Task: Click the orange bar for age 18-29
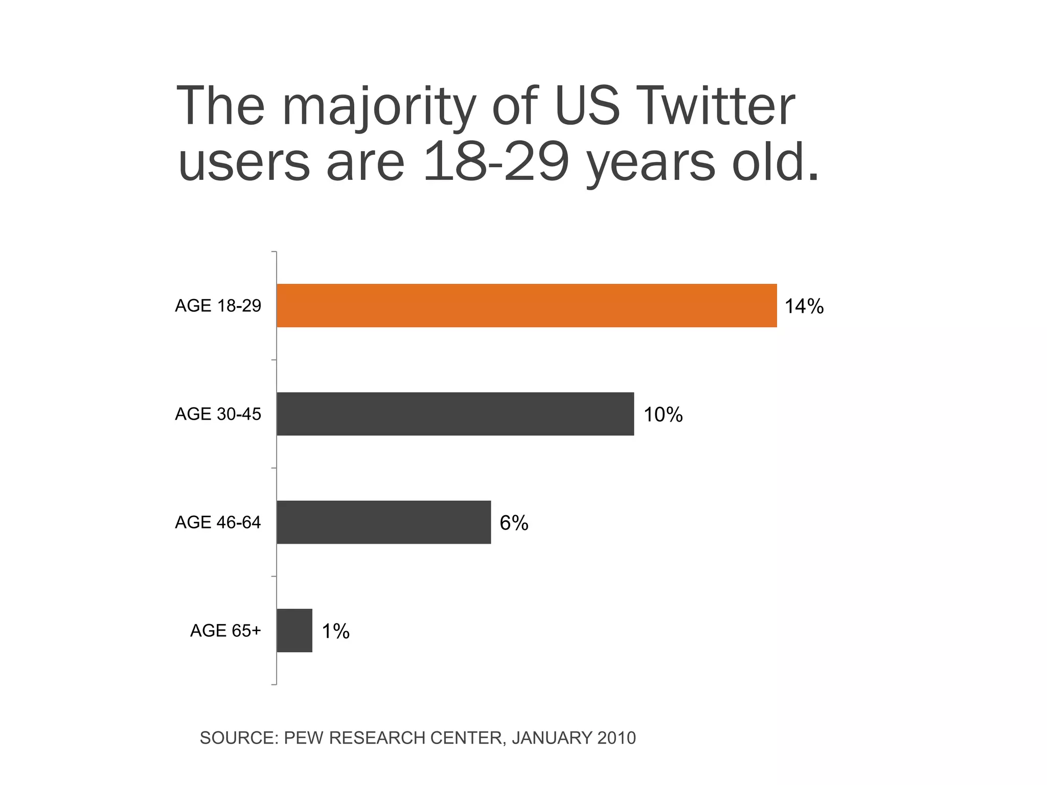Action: pyautogui.click(x=527, y=306)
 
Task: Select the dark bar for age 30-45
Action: pyautogui.click(x=455, y=414)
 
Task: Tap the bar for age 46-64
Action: pyautogui.click(x=383, y=522)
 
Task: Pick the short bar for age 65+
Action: pyautogui.click(x=294, y=631)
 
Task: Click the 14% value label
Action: pyautogui.click(x=804, y=307)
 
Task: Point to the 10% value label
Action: pyautogui.click(x=663, y=415)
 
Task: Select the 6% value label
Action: pyautogui.click(x=514, y=523)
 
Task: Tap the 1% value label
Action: pyautogui.click(x=335, y=632)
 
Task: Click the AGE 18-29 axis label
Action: pyautogui.click(x=218, y=306)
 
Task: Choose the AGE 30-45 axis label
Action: pyautogui.click(x=218, y=414)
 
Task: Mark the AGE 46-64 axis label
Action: pyautogui.click(x=218, y=523)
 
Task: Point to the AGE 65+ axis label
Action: pyautogui.click(x=225, y=631)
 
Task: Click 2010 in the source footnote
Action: pyautogui.click(x=617, y=738)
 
